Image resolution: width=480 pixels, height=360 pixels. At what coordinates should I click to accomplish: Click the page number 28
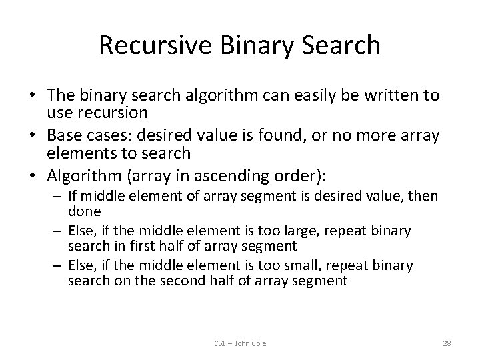click(x=447, y=343)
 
